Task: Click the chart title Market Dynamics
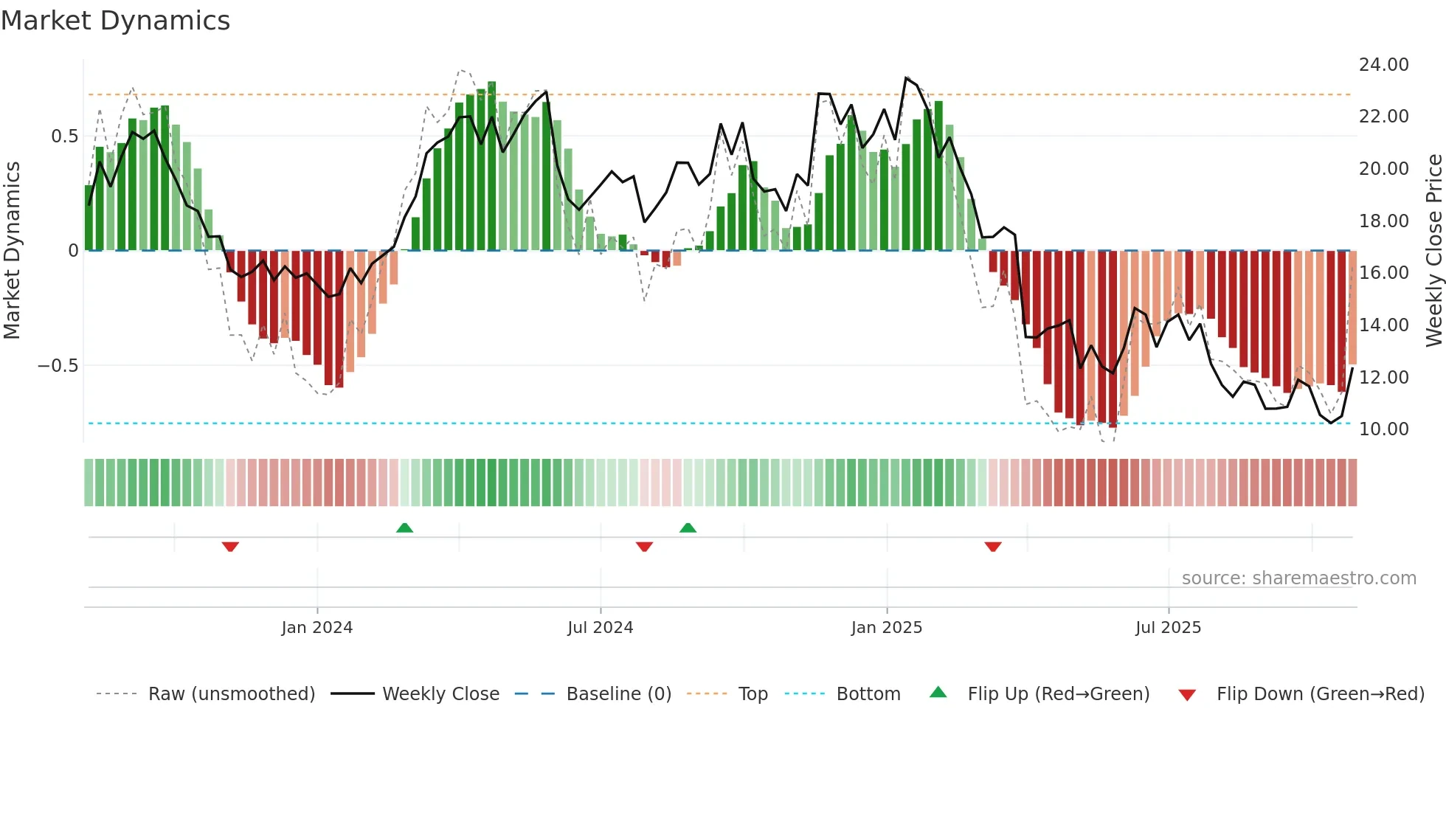(115, 21)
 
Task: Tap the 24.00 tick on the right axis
(1383, 65)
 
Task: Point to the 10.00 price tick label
(1383, 429)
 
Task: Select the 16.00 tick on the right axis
(1383, 273)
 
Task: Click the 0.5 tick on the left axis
(64, 136)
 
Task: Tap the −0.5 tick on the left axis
(58, 366)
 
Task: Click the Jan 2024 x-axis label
(316, 628)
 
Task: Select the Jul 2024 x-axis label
(600, 628)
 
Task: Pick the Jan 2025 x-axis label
(886, 628)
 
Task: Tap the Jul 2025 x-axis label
(1168, 628)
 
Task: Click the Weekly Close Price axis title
(1433, 251)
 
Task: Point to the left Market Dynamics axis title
(12, 251)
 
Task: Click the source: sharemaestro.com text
(1298, 578)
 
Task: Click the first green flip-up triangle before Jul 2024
(404, 528)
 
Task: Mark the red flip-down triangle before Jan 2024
(230, 547)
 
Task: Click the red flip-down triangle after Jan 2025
(993, 547)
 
